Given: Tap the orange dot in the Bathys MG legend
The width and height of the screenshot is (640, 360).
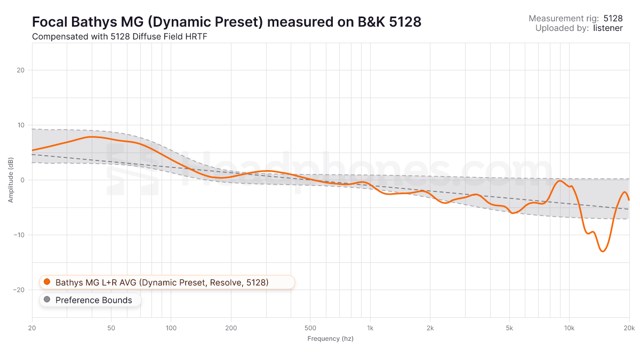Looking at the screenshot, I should (x=47, y=282).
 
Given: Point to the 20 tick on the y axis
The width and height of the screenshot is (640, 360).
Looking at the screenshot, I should (x=21, y=70).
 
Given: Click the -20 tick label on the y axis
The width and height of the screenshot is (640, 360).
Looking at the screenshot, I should (x=20, y=290).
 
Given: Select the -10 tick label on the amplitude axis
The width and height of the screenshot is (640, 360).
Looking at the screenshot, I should (x=20, y=235).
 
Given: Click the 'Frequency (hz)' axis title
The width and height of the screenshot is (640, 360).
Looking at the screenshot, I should (x=330, y=339).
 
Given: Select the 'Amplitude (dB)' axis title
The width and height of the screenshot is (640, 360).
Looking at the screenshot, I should (x=11, y=180).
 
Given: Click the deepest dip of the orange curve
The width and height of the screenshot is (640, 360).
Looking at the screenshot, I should (x=603, y=251).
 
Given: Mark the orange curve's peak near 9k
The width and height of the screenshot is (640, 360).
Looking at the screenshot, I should (x=559, y=181).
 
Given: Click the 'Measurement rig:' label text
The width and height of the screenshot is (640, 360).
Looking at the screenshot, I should (x=564, y=18).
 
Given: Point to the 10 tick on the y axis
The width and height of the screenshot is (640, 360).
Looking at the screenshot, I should (x=21, y=125).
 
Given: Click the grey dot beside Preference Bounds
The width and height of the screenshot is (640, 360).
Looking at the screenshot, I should (x=47, y=300).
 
